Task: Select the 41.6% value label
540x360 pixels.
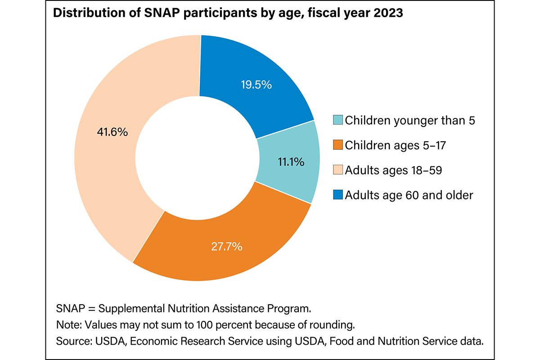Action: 112,132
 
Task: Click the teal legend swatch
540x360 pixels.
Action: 338,120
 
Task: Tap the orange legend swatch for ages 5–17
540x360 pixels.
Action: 338,145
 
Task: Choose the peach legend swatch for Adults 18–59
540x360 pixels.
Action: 338,170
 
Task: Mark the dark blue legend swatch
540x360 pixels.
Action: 338,195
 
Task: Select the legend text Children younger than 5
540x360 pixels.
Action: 410,120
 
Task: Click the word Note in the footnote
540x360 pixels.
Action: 66,325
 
